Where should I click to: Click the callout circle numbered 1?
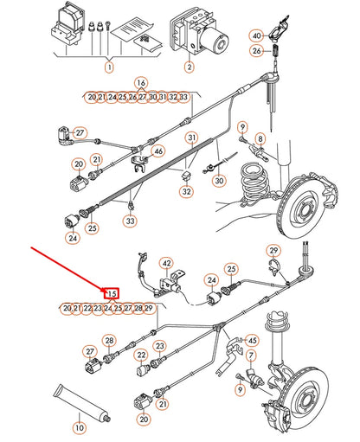[110, 67]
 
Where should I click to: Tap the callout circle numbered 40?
[256, 35]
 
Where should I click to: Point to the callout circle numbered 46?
[157, 151]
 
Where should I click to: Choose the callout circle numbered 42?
[167, 262]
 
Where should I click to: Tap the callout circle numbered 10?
[80, 427]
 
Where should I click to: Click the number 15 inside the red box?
[111, 293]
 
